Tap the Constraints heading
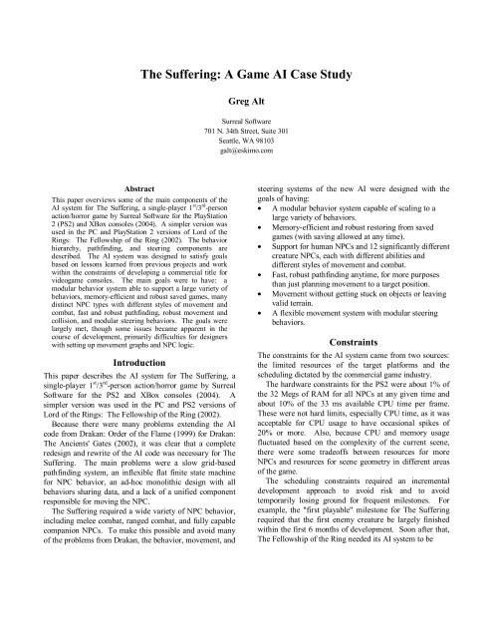(369, 394)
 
